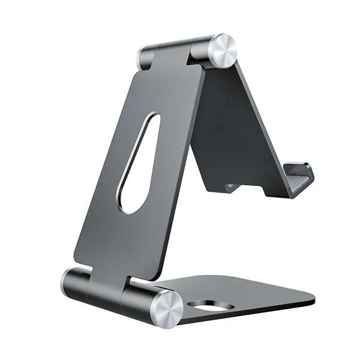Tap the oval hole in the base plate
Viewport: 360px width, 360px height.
(x=210, y=305)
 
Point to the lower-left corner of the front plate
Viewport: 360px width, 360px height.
(x=77, y=258)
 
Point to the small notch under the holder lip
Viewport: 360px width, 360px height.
(x=231, y=187)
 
